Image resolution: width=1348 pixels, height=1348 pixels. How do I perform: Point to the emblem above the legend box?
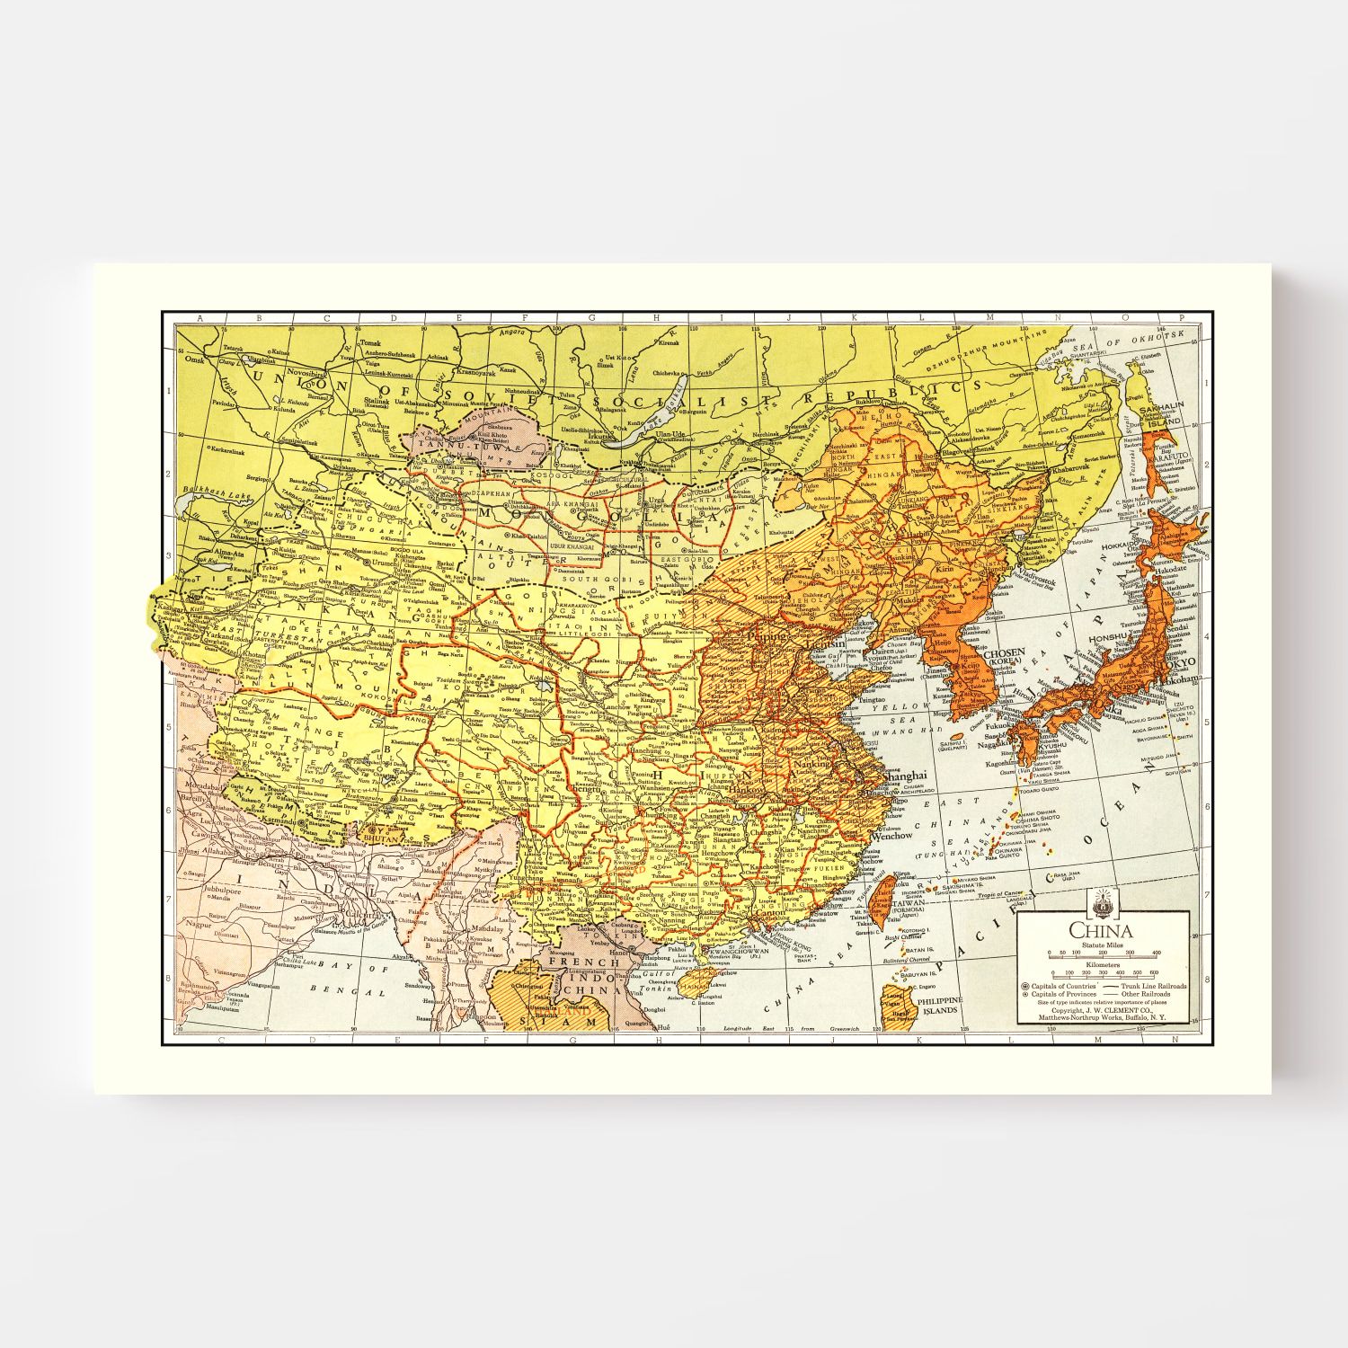[x=1103, y=899]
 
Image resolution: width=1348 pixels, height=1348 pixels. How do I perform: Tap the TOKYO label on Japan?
[x=1181, y=662]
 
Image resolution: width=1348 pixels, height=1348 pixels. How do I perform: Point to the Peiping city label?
[x=763, y=634]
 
